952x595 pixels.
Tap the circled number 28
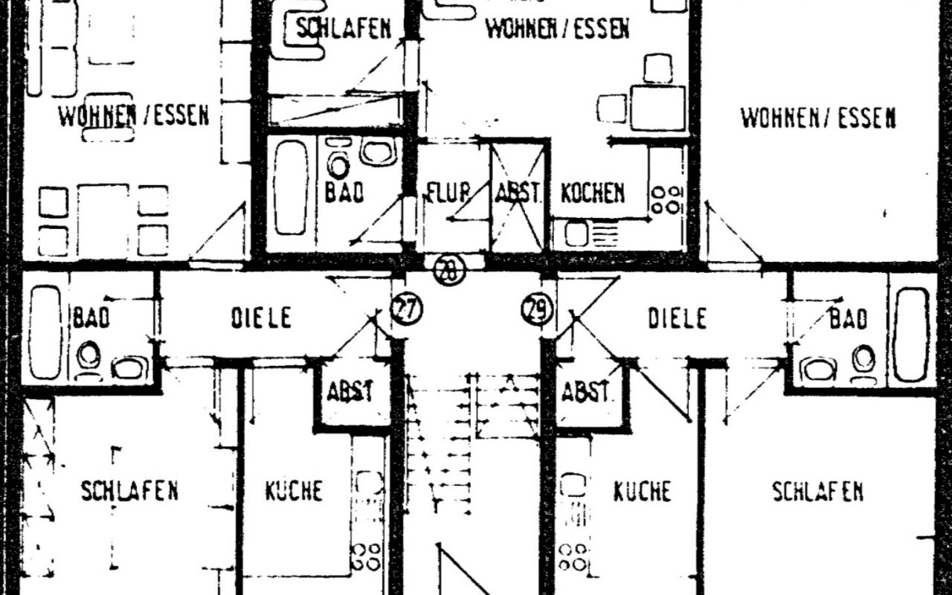(x=450, y=270)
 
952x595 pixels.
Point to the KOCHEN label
(x=593, y=193)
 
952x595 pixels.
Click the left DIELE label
(x=261, y=317)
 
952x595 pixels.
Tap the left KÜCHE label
(x=294, y=490)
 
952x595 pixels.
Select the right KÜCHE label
(x=642, y=491)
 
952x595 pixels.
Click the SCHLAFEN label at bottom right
(x=817, y=492)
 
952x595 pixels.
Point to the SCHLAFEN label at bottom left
(x=129, y=490)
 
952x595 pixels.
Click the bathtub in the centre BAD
(x=291, y=188)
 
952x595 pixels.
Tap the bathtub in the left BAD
(x=45, y=332)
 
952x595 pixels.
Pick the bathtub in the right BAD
(x=912, y=335)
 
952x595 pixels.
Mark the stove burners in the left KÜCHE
(x=365, y=557)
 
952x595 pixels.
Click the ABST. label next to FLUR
(x=517, y=193)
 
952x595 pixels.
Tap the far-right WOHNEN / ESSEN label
(x=818, y=118)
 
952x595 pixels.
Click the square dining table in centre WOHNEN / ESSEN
(x=658, y=109)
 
